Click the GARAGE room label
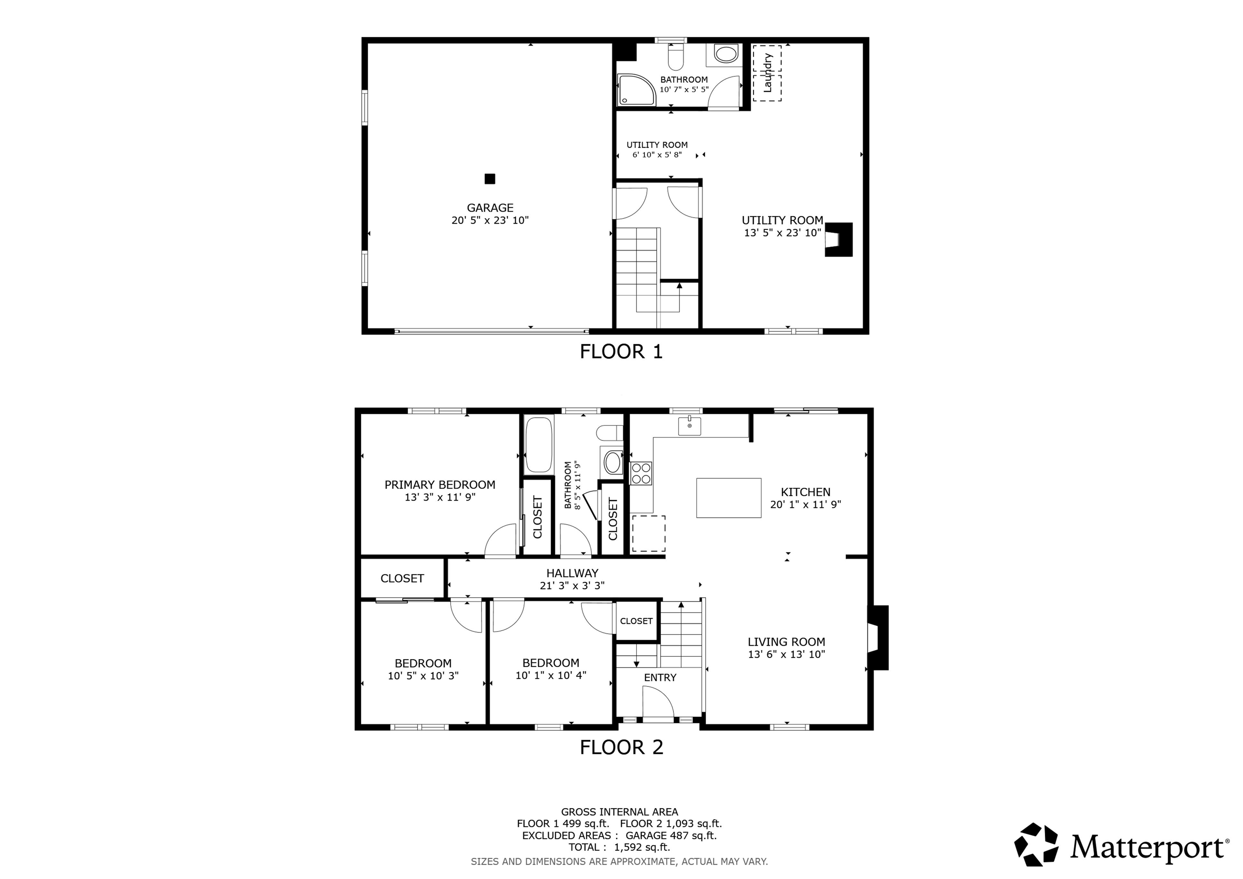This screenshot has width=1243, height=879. coord(490,208)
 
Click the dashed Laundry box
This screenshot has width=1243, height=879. coord(767,73)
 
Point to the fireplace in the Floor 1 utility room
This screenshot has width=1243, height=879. coord(839,240)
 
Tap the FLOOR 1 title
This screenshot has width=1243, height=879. coord(621,352)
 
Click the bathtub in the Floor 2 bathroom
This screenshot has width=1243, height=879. coord(539,444)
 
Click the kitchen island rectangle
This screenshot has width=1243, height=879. coord(729,498)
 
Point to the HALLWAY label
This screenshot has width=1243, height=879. coord(572,573)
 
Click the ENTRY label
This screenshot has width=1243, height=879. coord(660,677)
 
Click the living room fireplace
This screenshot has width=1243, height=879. coord(878,637)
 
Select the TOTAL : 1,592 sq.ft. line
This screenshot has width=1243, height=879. coord(619,847)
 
